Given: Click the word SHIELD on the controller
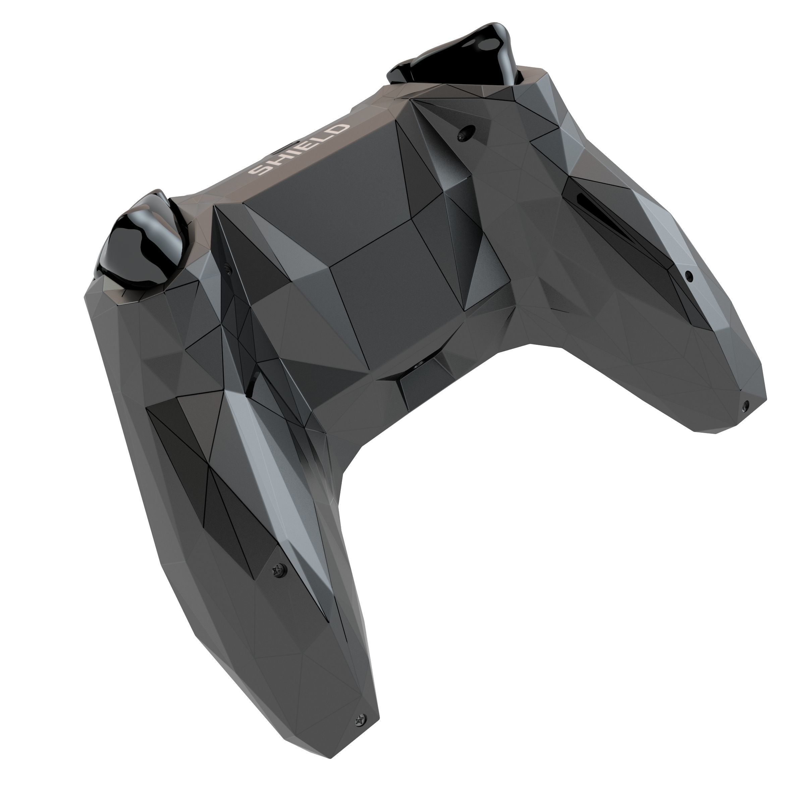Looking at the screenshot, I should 298,150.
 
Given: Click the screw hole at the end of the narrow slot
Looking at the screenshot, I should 689,275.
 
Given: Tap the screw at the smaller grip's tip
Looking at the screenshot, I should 745,404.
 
